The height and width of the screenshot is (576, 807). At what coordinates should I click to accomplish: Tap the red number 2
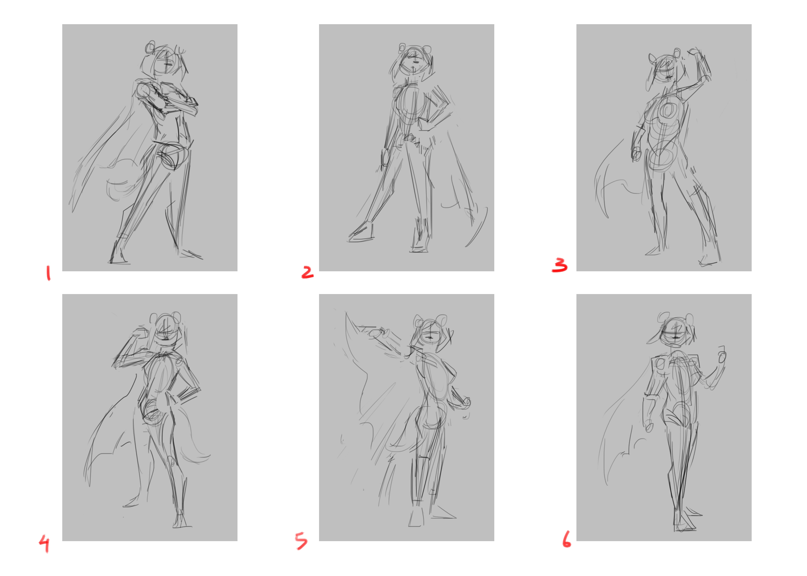(x=307, y=272)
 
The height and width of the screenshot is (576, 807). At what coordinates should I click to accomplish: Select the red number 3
(x=560, y=265)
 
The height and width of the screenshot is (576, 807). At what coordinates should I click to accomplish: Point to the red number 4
(x=44, y=544)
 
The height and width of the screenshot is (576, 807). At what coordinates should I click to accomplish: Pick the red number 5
(x=301, y=541)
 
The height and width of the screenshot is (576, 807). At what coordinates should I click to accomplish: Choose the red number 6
(x=567, y=539)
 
